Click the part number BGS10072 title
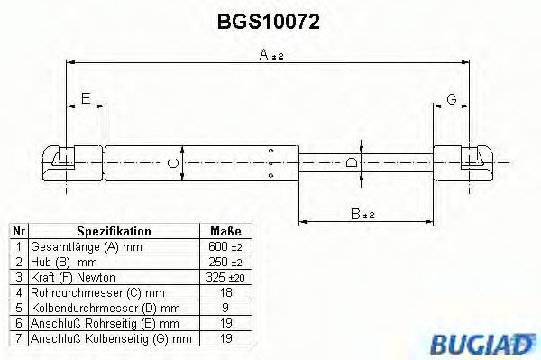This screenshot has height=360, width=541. pos(269,19)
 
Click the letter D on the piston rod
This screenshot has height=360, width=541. pos(353,162)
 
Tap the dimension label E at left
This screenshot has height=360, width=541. pos(86,98)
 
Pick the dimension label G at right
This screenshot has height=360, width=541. pos(452,98)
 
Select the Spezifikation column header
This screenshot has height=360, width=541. pos(114,231)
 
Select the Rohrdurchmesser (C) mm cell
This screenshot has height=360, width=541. pos(96,291)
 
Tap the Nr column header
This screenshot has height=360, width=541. pos(17,231)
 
